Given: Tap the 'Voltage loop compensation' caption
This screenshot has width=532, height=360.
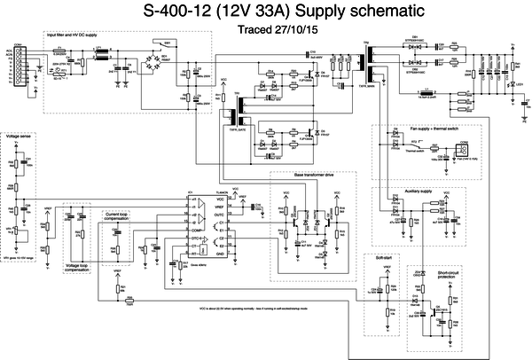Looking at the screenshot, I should point(76,267).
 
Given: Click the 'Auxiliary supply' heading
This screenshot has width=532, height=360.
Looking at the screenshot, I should point(413,191).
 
